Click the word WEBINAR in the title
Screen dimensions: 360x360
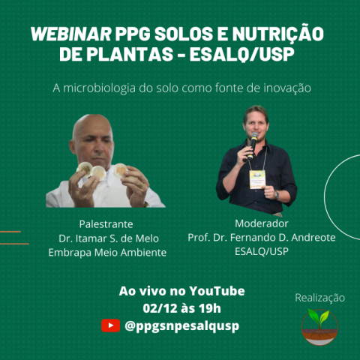tap(71, 34)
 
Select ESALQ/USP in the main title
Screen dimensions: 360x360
tap(241, 55)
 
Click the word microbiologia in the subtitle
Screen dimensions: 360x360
tap(99, 88)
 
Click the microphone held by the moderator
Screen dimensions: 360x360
tap(252, 145)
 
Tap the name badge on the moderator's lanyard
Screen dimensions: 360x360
tap(257, 179)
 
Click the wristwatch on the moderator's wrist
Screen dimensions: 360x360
tap(276, 195)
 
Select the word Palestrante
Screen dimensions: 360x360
tap(106, 224)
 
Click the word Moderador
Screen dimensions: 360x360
tap(262, 223)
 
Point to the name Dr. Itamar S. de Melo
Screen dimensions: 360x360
tap(109, 238)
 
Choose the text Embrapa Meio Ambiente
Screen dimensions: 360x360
tap(107, 253)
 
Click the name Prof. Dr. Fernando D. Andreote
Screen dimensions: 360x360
tap(262, 238)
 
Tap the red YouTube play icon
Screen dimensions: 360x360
tap(110, 325)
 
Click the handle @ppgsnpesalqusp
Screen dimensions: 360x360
tap(181, 326)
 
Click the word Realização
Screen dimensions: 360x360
tap(319, 298)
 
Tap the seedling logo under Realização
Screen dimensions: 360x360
tap(319, 327)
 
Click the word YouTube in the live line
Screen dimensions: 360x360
tap(217, 291)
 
